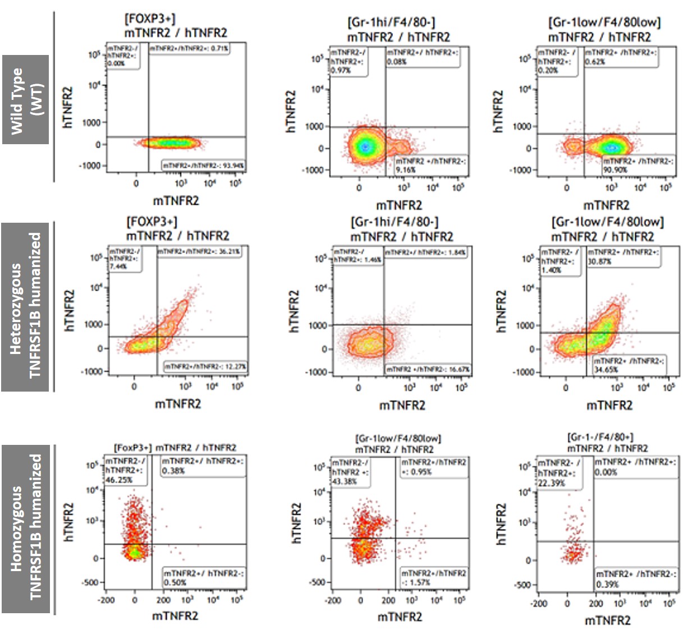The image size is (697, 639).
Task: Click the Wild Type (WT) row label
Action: pyautogui.click(x=25, y=100)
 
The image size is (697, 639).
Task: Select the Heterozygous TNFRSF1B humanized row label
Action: pyautogui.click(x=26, y=306)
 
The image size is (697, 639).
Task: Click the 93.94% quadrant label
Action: pyautogui.click(x=204, y=166)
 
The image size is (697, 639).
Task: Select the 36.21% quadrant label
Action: pyautogui.click(x=199, y=251)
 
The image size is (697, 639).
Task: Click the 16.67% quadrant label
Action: pyautogui.click(x=428, y=369)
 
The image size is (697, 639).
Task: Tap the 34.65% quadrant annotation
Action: pyautogui.click(x=629, y=365)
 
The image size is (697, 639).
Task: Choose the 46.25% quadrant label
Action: pyautogui.click(x=125, y=470)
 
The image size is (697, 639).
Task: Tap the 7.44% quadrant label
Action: pyautogui.click(x=125, y=259)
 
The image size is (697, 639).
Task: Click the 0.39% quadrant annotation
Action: pyautogui.click(x=636, y=579)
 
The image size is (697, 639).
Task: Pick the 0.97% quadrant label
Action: pyautogui.click(x=347, y=61)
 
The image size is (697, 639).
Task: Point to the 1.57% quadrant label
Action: pyautogui.click(x=433, y=578)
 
